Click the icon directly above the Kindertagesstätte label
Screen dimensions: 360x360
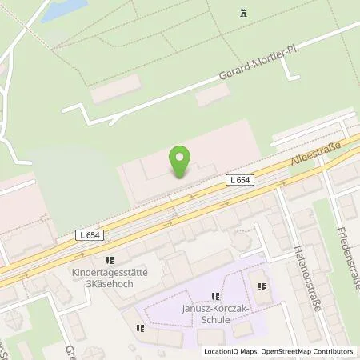[x=110, y=260]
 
